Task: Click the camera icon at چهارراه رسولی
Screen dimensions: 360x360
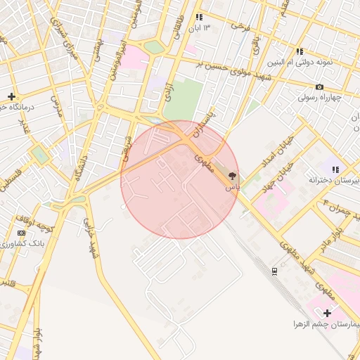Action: (320, 86)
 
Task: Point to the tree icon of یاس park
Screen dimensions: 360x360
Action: (233, 176)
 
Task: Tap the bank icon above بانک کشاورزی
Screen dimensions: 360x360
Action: (21, 233)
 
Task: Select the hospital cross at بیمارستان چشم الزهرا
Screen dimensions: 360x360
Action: (327, 312)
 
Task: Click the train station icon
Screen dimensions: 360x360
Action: (274, 271)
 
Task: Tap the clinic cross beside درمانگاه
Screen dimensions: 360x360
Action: (11, 96)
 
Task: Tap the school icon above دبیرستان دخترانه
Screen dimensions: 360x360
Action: (335, 169)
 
